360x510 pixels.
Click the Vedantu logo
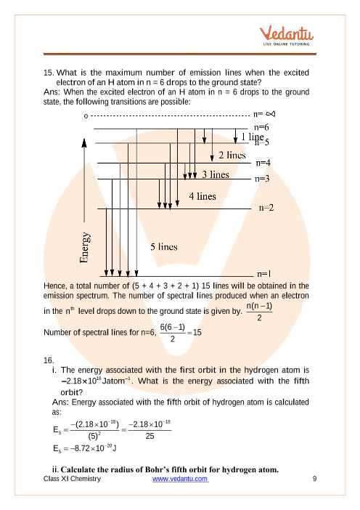(x=286, y=36)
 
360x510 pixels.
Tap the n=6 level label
(x=261, y=127)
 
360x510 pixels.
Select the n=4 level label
(x=263, y=163)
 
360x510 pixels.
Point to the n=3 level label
(x=262, y=179)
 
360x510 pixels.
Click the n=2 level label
(x=266, y=208)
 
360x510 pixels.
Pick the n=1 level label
(x=263, y=274)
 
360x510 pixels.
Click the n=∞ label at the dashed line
(x=264, y=114)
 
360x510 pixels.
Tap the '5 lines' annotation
(x=164, y=247)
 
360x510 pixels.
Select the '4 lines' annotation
(x=202, y=196)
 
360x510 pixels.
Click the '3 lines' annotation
(x=216, y=174)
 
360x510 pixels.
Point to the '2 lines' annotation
(x=232, y=155)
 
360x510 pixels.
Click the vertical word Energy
(x=84, y=247)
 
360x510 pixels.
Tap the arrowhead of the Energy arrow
(x=84, y=142)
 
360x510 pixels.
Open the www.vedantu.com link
(x=180, y=479)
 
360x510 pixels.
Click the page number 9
(x=314, y=479)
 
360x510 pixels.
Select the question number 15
(x=49, y=73)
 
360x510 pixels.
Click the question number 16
(x=49, y=360)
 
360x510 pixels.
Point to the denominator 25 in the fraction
(x=150, y=436)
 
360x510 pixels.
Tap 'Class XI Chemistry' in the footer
(x=72, y=479)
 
